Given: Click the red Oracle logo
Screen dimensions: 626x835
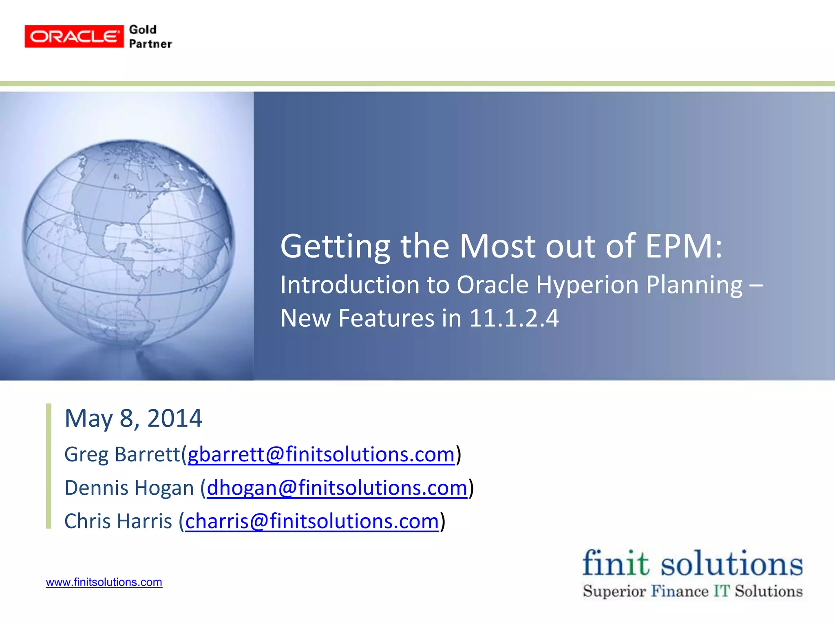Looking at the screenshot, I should coord(74,37).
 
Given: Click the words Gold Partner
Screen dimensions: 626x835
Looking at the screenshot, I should coord(150,37).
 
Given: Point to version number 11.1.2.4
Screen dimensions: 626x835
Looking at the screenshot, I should coord(514,318).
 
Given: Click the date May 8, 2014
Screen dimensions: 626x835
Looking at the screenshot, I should coord(133,418).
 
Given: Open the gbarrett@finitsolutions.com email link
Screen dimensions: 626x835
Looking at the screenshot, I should coord(321,454).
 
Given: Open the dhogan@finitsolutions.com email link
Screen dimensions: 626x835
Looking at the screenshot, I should coord(337,488).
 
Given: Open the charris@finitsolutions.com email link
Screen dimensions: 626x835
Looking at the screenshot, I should coord(312,521).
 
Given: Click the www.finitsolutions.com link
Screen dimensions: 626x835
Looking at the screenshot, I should coord(104,582).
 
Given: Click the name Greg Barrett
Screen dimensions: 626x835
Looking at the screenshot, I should coord(122,454).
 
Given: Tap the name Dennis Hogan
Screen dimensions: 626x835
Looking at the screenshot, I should coord(129,488).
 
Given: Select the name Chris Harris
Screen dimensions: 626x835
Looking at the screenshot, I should coord(118,521).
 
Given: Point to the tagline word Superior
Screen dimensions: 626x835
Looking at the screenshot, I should coord(614,591).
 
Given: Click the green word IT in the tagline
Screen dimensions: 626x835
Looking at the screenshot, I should coord(721,591).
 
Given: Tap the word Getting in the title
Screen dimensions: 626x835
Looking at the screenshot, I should coord(335,246).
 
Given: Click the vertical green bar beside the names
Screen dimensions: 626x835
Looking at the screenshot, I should coord(49,466).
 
